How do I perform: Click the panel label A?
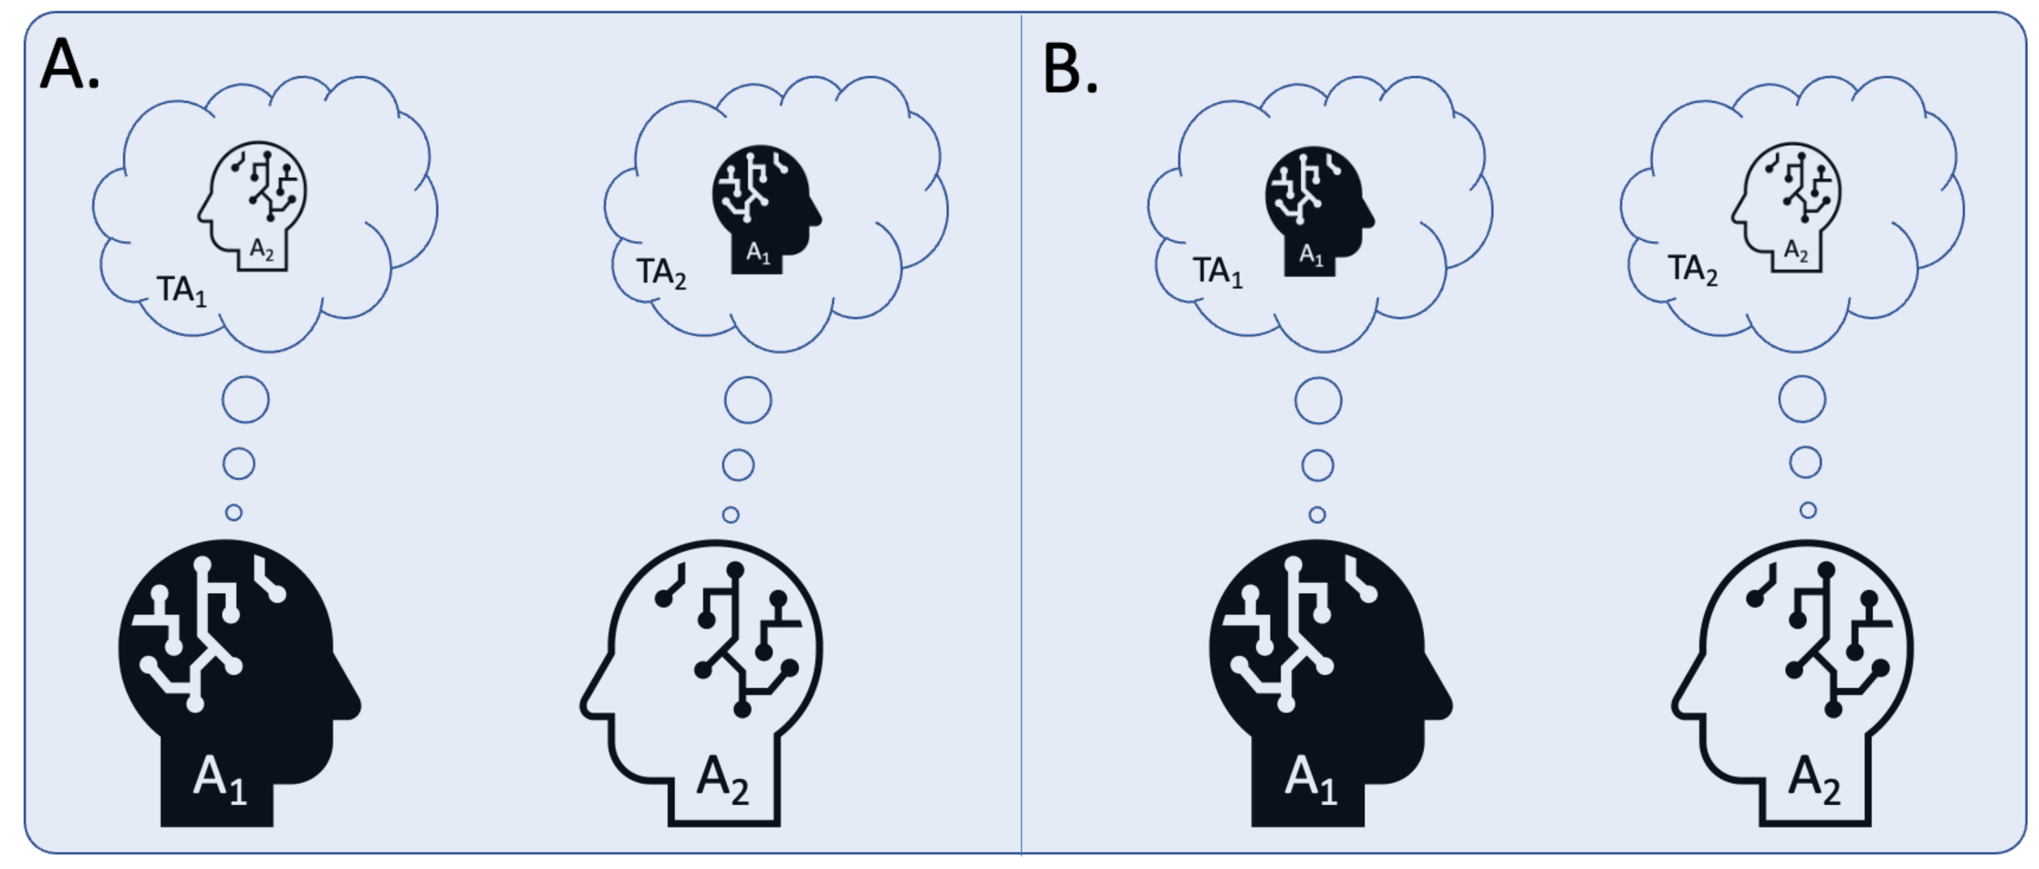[x=69, y=65]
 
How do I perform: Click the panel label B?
[x=1069, y=69]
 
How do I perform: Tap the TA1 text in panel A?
[x=181, y=290]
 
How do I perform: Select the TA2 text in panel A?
[x=661, y=273]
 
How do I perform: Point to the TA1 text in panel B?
[x=1217, y=271]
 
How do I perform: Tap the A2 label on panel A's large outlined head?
[x=722, y=779]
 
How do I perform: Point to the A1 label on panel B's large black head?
[x=1310, y=779]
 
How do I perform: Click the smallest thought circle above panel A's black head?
[x=233, y=513]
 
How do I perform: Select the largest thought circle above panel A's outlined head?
[x=748, y=401]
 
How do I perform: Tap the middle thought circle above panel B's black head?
[x=1318, y=466]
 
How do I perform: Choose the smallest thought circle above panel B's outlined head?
[x=1808, y=510]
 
